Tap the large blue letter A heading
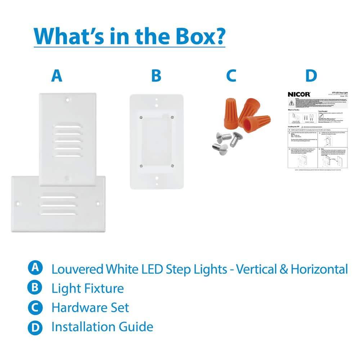57,76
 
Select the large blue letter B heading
156,76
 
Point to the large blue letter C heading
231,76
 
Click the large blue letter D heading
311,76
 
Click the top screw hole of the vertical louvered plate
68,98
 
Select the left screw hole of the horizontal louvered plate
18,204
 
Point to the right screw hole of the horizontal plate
98,204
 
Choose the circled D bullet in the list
35,327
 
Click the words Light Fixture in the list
87,288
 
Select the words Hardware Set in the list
90,307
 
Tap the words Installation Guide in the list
102,327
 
